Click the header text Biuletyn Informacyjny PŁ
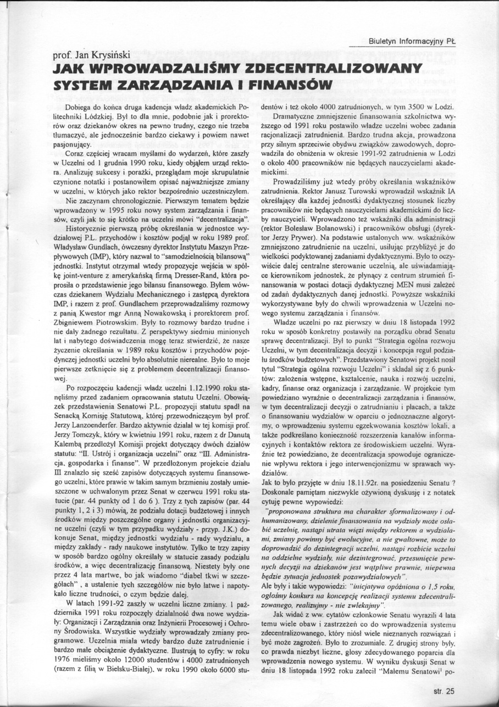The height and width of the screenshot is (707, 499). point(415,40)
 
